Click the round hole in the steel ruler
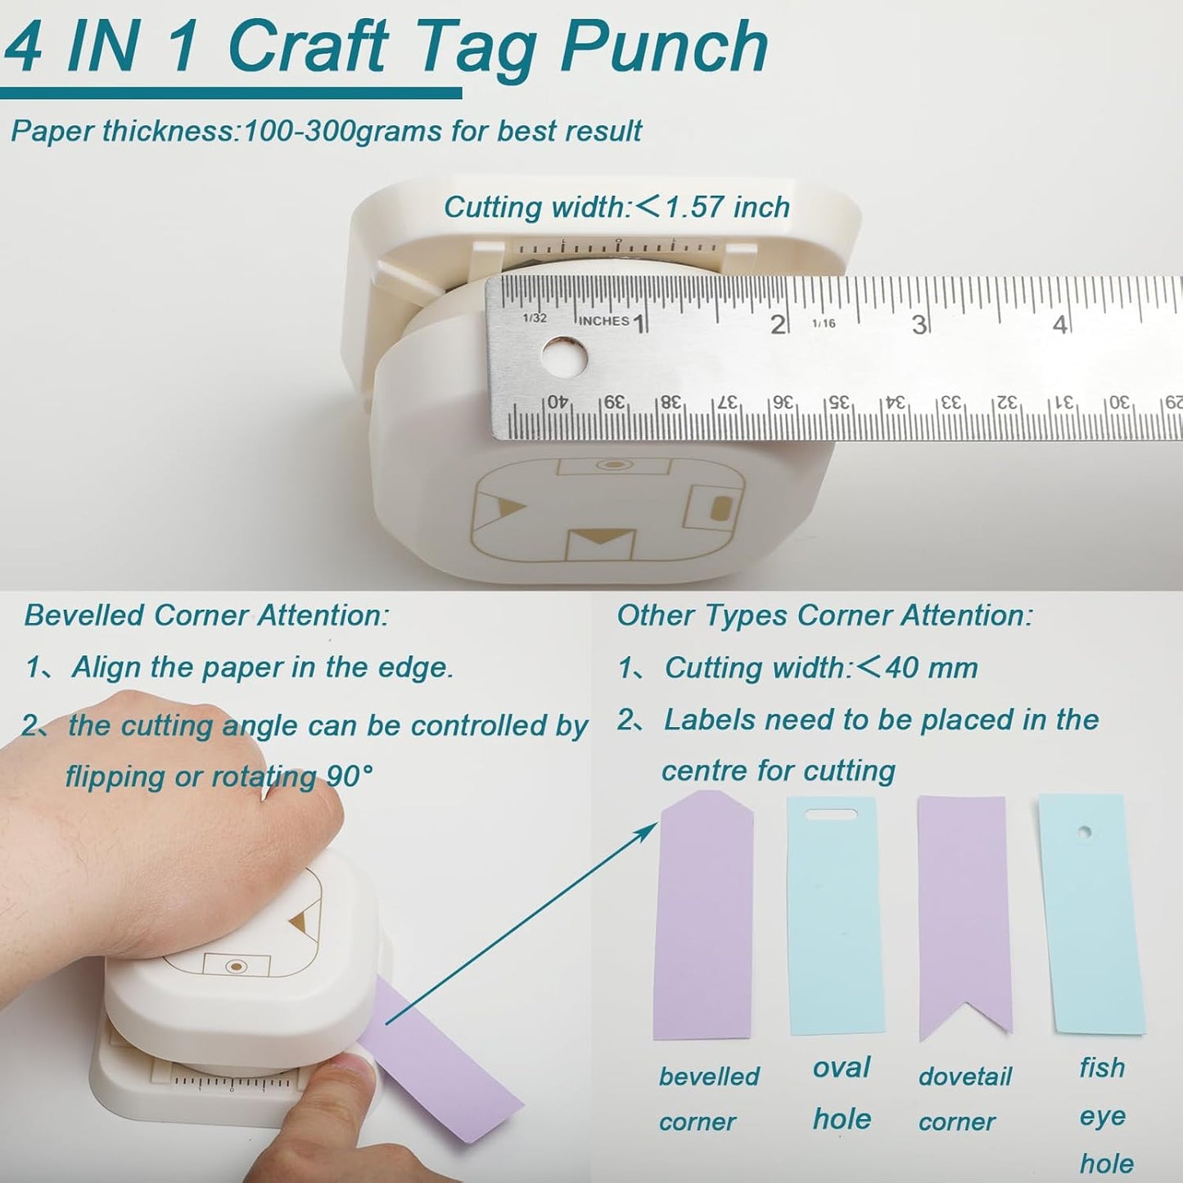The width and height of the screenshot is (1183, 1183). (565, 357)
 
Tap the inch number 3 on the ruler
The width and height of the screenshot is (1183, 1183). (919, 325)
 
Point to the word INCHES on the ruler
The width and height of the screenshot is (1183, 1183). (603, 321)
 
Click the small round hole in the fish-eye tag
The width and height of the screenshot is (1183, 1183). (1085, 833)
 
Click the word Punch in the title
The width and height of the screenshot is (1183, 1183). (663, 47)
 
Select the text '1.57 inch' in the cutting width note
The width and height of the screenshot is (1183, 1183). (727, 207)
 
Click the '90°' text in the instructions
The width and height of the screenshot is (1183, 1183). (350, 776)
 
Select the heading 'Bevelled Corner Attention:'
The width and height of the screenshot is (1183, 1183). (206, 616)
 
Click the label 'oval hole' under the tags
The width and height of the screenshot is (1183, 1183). (842, 1093)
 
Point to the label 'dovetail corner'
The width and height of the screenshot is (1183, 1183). (964, 1099)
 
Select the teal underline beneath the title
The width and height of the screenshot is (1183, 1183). (231, 93)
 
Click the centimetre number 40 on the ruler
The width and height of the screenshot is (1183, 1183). (557, 401)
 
